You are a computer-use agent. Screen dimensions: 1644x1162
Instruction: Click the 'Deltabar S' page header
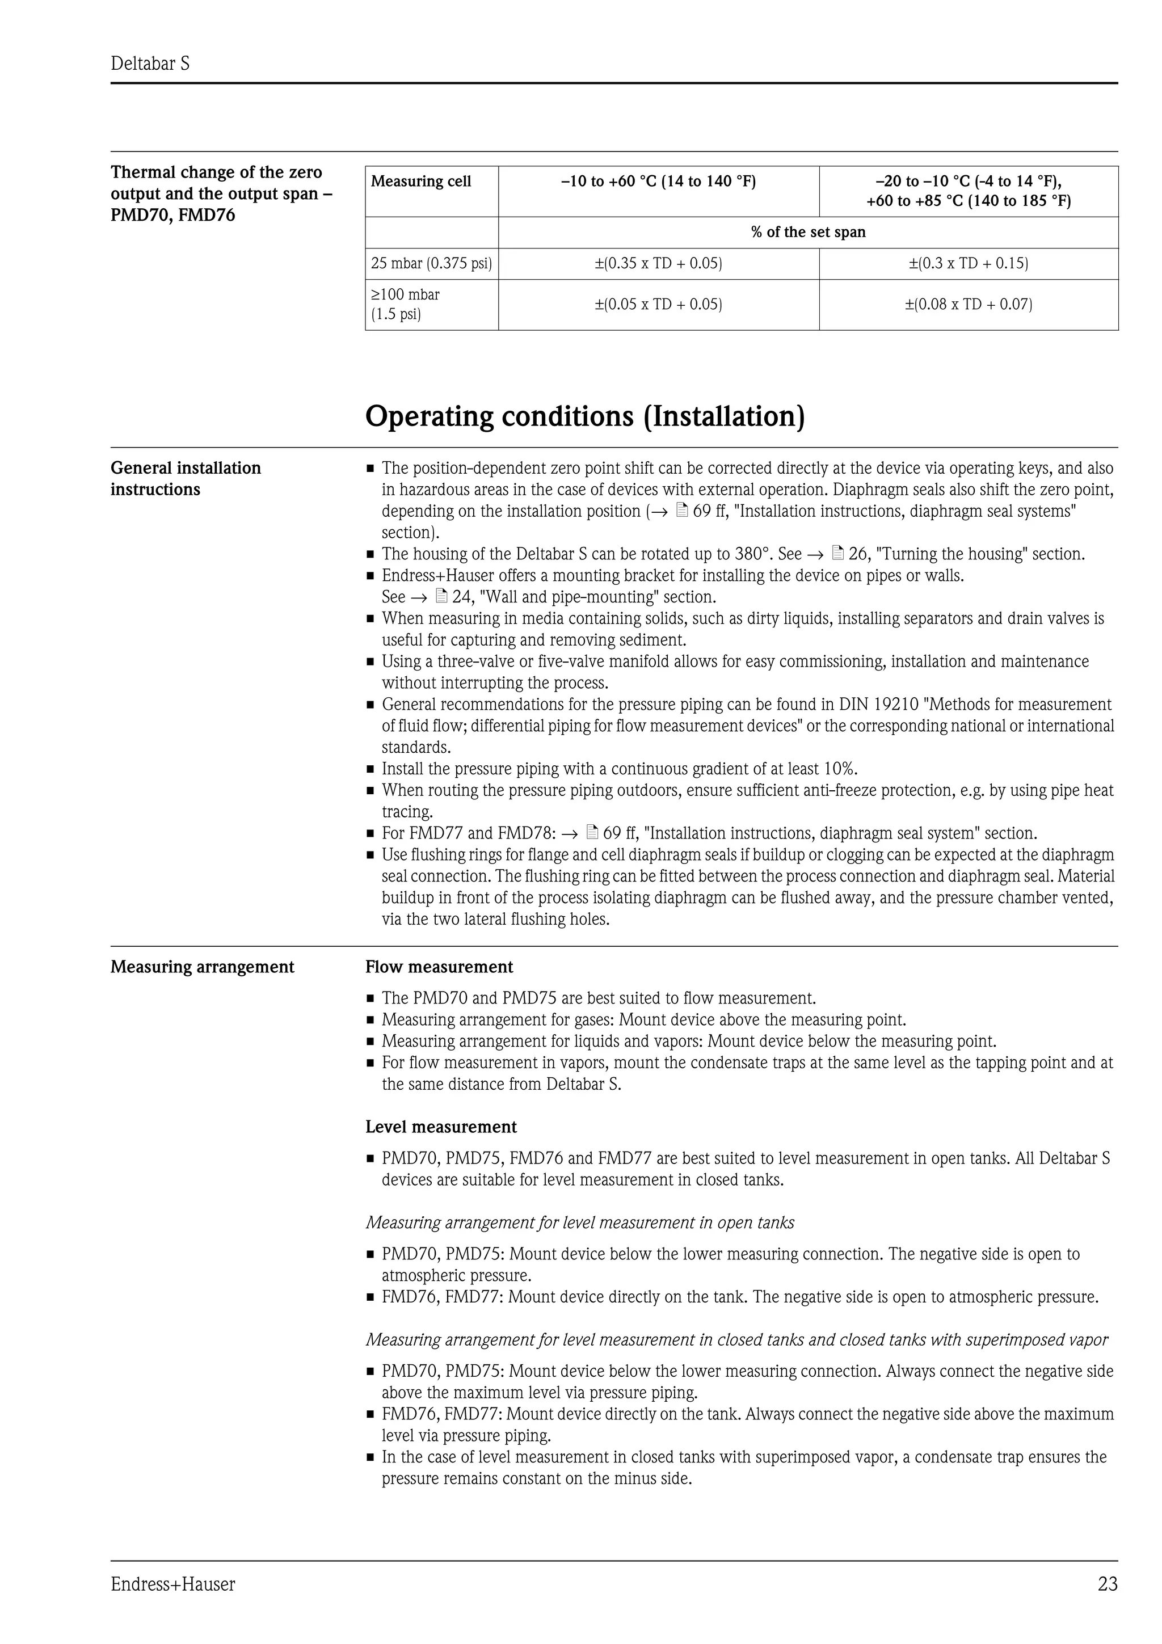tap(150, 64)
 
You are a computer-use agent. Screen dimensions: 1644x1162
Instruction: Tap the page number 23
tap(1107, 1584)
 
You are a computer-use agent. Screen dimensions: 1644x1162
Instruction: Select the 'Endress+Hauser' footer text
tap(172, 1584)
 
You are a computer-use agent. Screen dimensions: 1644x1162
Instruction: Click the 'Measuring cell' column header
tap(421, 181)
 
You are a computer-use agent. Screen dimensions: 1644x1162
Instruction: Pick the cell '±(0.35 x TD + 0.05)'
tap(658, 263)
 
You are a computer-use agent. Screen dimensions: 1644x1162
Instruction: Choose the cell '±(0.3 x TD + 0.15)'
tap(968, 263)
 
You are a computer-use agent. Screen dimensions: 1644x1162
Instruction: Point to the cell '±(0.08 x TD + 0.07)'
tap(968, 304)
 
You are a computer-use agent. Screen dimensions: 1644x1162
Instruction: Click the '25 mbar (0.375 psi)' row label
tap(431, 263)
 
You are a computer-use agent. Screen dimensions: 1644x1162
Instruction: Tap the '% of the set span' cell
tap(807, 232)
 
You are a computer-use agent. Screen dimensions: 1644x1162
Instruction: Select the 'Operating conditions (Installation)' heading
tap(585, 416)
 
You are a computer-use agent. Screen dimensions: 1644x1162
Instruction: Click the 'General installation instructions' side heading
tap(186, 478)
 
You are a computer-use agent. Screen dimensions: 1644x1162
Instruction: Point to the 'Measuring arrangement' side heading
tap(202, 967)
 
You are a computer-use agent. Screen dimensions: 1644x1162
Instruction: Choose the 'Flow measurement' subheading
tap(439, 967)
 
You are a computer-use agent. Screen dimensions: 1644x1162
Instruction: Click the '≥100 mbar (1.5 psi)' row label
tap(405, 304)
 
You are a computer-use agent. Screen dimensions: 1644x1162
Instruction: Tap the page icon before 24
tap(442, 596)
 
